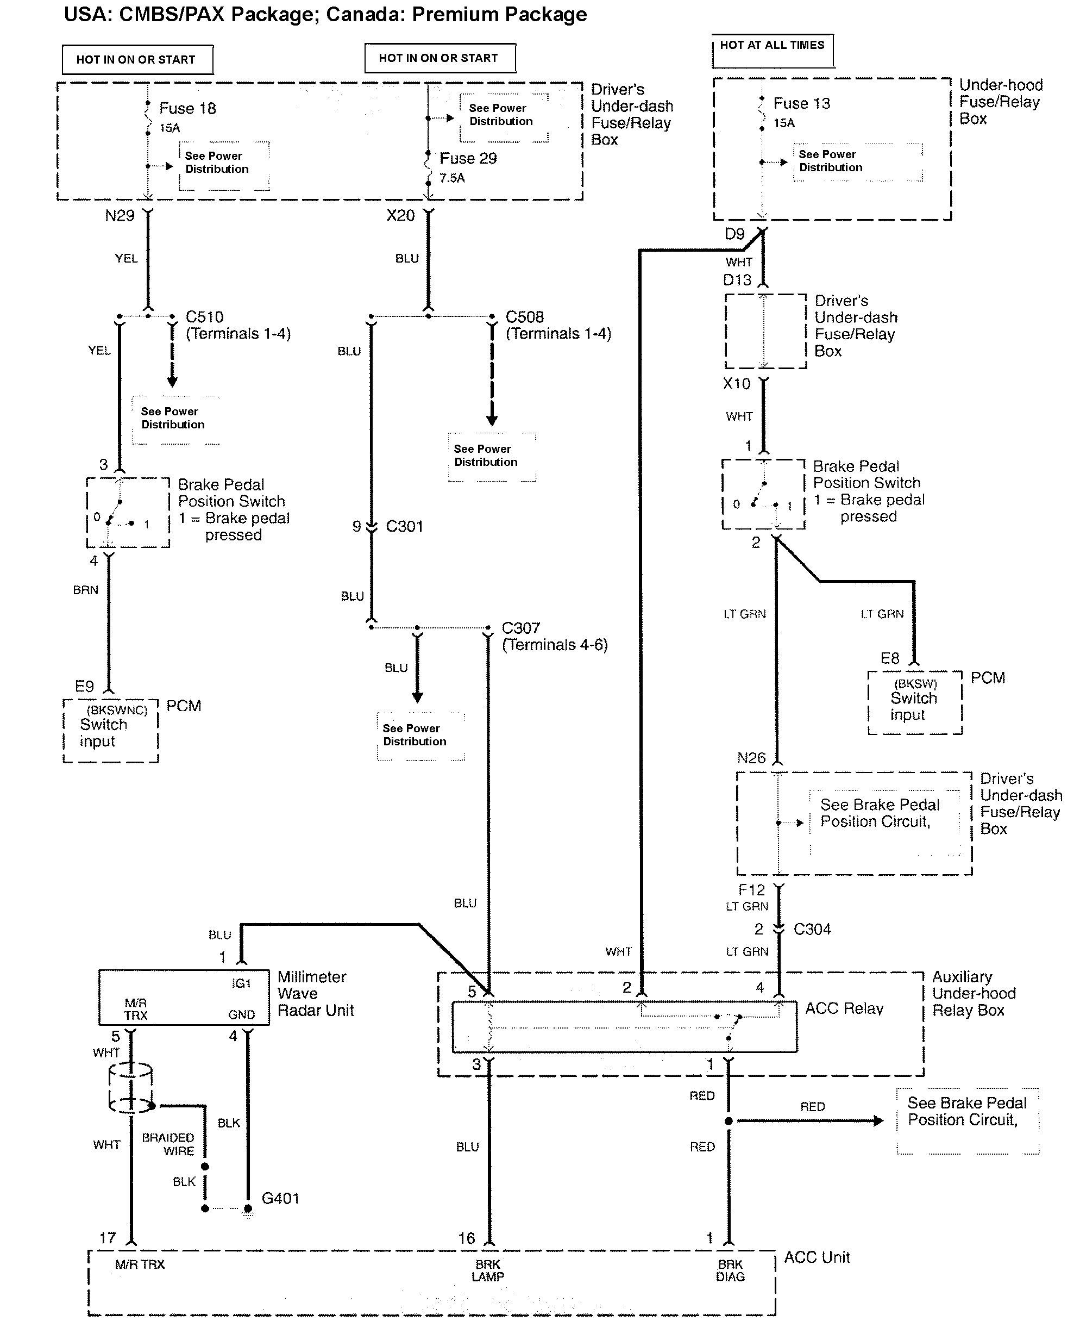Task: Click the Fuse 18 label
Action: click(x=187, y=108)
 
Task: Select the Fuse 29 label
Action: click(x=468, y=159)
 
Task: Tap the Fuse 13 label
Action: click(x=801, y=103)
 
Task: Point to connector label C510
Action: click(x=205, y=317)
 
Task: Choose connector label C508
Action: click(x=524, y=317)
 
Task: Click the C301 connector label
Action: click(x=404, y=527)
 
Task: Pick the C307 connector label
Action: click(x=520, y=628)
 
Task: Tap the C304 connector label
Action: click(x=812, y=929)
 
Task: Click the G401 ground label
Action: click(x=280, y=1198)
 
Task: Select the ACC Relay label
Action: click(x=844, y=1008)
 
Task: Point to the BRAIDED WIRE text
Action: click(x=168, y=1144)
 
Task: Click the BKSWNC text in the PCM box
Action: click(x=116, y=710)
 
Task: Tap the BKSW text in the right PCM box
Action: click(x=915, y=683)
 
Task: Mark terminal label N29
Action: click(x=120, y=216)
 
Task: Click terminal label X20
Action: click(x=400, y=216)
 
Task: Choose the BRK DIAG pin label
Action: click(x=730, y=1270)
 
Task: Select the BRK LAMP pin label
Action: click(x=488, y=1270)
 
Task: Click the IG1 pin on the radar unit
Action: click(x=241, y=983)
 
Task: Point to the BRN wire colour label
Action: click(x=86, y=590)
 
